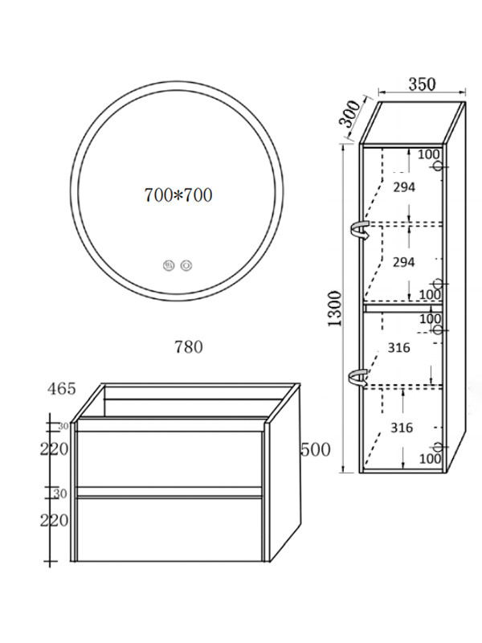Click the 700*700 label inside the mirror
(x=178, y=195)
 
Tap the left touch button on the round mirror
(x=169, y=265)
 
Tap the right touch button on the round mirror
(x=187, y=265)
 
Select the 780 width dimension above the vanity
(x=189, y=347)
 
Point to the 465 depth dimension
(x=62, y=388)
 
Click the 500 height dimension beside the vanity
(x=316, y=450)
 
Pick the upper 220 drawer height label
(x=54, y=449)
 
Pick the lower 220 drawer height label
(x=54, y=520)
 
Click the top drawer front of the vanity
(x=170, y=458)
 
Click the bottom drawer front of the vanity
(x=170, y=529)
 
